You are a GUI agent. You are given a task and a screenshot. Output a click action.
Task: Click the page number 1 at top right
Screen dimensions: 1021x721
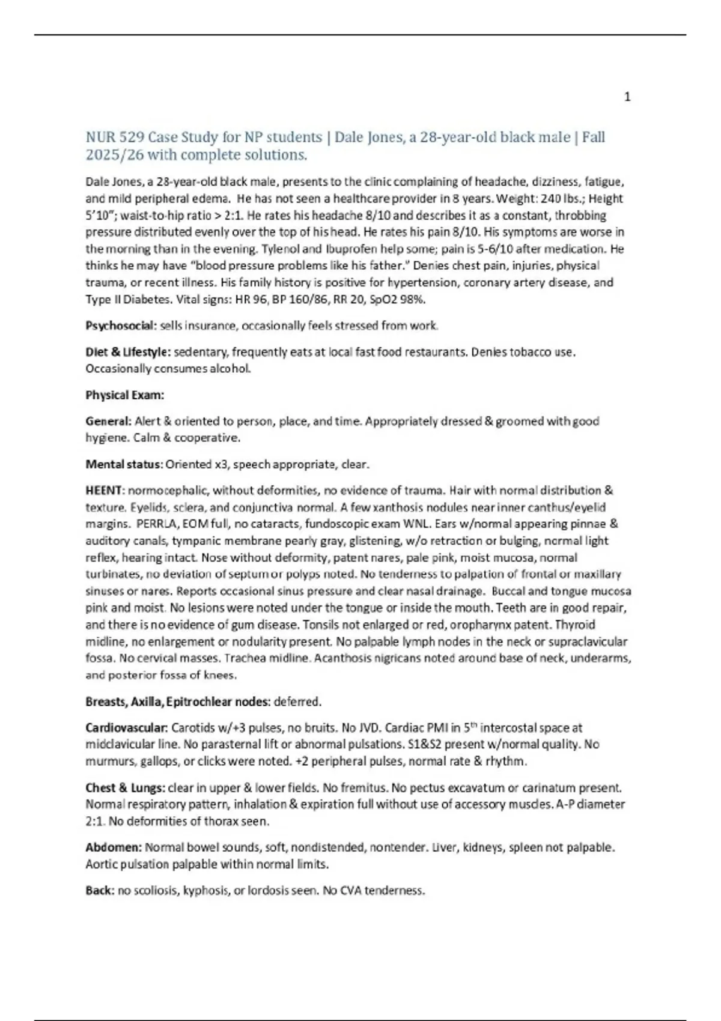pos(627,97)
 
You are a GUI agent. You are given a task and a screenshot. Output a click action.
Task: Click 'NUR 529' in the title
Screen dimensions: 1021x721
pos(115,138)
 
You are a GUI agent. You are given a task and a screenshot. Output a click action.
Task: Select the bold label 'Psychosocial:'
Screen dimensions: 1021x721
pos(121,326)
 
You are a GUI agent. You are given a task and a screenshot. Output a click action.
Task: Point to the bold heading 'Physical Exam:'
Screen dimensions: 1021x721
pos(125,395)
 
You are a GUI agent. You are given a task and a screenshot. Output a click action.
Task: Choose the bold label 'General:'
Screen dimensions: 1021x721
pos(108,422)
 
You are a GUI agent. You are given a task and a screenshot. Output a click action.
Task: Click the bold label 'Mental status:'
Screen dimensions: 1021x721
pos(124,464)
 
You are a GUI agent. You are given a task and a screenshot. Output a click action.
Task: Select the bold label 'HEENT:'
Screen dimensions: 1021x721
pos(105,491)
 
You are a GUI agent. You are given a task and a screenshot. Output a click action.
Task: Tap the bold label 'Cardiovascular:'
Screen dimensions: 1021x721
pos(127,728)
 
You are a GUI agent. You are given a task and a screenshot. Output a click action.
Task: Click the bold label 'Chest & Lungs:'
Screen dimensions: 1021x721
pos(125,787)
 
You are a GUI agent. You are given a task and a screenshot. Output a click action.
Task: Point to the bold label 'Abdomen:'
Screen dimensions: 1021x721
pos(114,847)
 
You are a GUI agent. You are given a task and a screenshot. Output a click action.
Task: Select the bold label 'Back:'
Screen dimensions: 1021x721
pos(100,891)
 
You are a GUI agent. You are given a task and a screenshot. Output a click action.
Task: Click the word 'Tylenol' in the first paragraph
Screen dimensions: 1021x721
pos(275,249)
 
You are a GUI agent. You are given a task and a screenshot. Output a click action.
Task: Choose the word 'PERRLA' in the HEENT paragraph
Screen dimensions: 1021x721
pos(156,524)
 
